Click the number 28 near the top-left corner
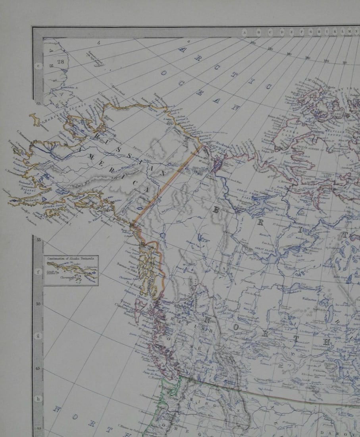[x=60, y=62]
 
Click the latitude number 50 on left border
[x=39, y=304]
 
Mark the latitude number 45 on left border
[x=39, y=368]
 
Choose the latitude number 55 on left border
[x=39, y=240]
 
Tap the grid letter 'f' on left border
[x=39, y=272]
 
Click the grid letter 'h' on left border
[x=39, y=399]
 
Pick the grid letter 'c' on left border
[x=39, y=66]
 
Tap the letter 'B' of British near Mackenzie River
[x=216, y=210]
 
